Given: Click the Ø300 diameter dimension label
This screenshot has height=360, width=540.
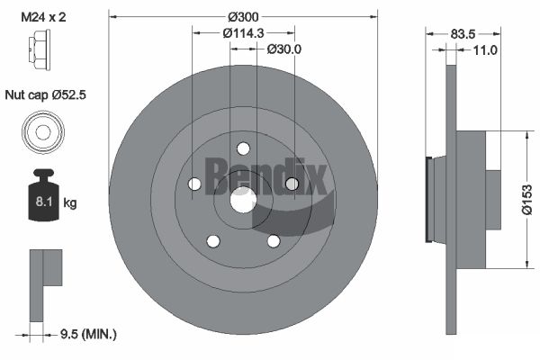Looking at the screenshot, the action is (x=243, y=16).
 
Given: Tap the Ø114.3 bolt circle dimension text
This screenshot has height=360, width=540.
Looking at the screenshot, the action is (x=243, y=33).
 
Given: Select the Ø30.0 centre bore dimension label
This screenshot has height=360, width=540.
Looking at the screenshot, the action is (x=284, y=49).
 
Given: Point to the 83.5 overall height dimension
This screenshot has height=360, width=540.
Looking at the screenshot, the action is (x=463, y=34).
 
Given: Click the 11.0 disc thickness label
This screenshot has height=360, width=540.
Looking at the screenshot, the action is (x=485, y=50).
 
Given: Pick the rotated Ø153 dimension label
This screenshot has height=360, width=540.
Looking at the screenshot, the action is (x=526, y=200).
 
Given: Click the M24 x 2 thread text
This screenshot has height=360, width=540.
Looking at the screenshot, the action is (x=43, y=16).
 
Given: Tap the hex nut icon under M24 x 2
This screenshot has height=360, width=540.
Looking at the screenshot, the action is (x=40, y=49).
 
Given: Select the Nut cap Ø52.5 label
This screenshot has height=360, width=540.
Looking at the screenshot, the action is (x=46, y=94).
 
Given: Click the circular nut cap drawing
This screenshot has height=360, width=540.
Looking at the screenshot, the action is (x=43, y=132).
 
